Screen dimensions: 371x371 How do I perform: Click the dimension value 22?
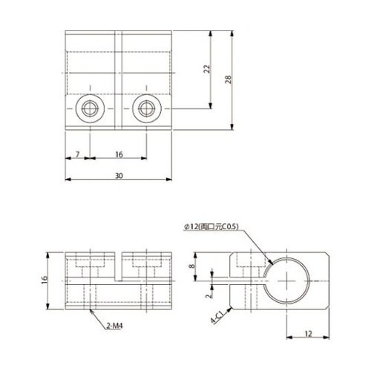click(207, 69)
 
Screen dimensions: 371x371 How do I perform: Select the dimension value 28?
click(228, 79)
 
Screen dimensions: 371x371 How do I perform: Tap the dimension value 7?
click(78, 154)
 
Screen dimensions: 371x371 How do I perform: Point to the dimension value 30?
click(119, 176)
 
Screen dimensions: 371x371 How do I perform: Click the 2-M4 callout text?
click(114, 326)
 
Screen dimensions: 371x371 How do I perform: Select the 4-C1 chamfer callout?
click(217, 318)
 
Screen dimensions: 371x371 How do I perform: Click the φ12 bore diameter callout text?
click(211, 227)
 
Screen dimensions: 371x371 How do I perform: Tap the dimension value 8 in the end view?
click(192, 266)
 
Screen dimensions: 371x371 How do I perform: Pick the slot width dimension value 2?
click(209, 295)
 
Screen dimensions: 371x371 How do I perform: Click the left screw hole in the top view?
click(90, 108)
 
